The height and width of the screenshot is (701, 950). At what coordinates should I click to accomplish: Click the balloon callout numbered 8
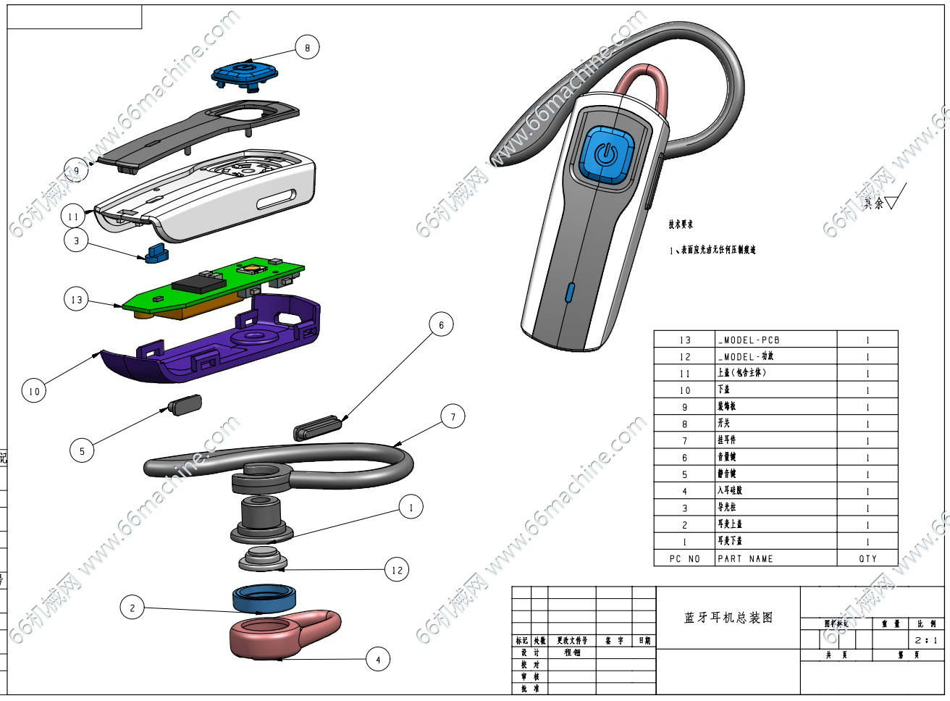pyautogui.click(x=307, y=48)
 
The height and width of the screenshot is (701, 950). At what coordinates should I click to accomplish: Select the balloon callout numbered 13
pyautogui.click(x=76, y=299)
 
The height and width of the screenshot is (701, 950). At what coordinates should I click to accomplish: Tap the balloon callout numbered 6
pyautogui.click(x=441, y=324)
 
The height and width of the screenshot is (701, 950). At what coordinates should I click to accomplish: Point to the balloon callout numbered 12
pyautogui.click(x=397, y=570)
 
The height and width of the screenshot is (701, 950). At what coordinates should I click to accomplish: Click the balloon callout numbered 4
pyautogui.click(x=378, y=660)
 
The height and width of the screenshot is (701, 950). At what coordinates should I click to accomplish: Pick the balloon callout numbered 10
pyautogui.click(x=34, y=391)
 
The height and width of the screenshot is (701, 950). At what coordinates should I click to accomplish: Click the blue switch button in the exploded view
pyautogui.click(x=245, y=73)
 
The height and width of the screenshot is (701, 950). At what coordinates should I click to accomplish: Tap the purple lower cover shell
pyautogui.click(x=217, y=348)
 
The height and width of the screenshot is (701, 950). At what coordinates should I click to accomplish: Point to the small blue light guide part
pyautogui.click(x=156, y=253)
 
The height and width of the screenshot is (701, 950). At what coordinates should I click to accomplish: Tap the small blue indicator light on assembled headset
pyautogui.click(x=569, y=292)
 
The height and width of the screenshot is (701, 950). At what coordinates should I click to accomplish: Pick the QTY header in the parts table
pyautogui.click(x=867, y=559)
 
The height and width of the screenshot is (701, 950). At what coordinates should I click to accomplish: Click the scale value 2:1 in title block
pyautogui.click(x=925, y=640)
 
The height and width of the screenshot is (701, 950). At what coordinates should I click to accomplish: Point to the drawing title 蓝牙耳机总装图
pyautogui.click(x=728, y=618)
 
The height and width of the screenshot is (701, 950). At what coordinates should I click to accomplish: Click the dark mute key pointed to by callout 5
pyautogui.click(x=185, y=403)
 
